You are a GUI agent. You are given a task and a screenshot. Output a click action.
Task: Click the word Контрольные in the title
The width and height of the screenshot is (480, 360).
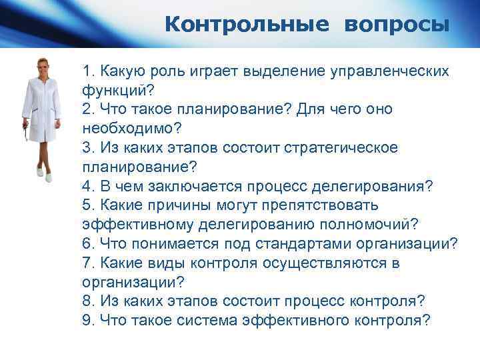(x=247, y=25)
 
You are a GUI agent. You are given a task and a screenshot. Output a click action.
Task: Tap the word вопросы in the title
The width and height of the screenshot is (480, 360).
(x=397, y=25)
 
